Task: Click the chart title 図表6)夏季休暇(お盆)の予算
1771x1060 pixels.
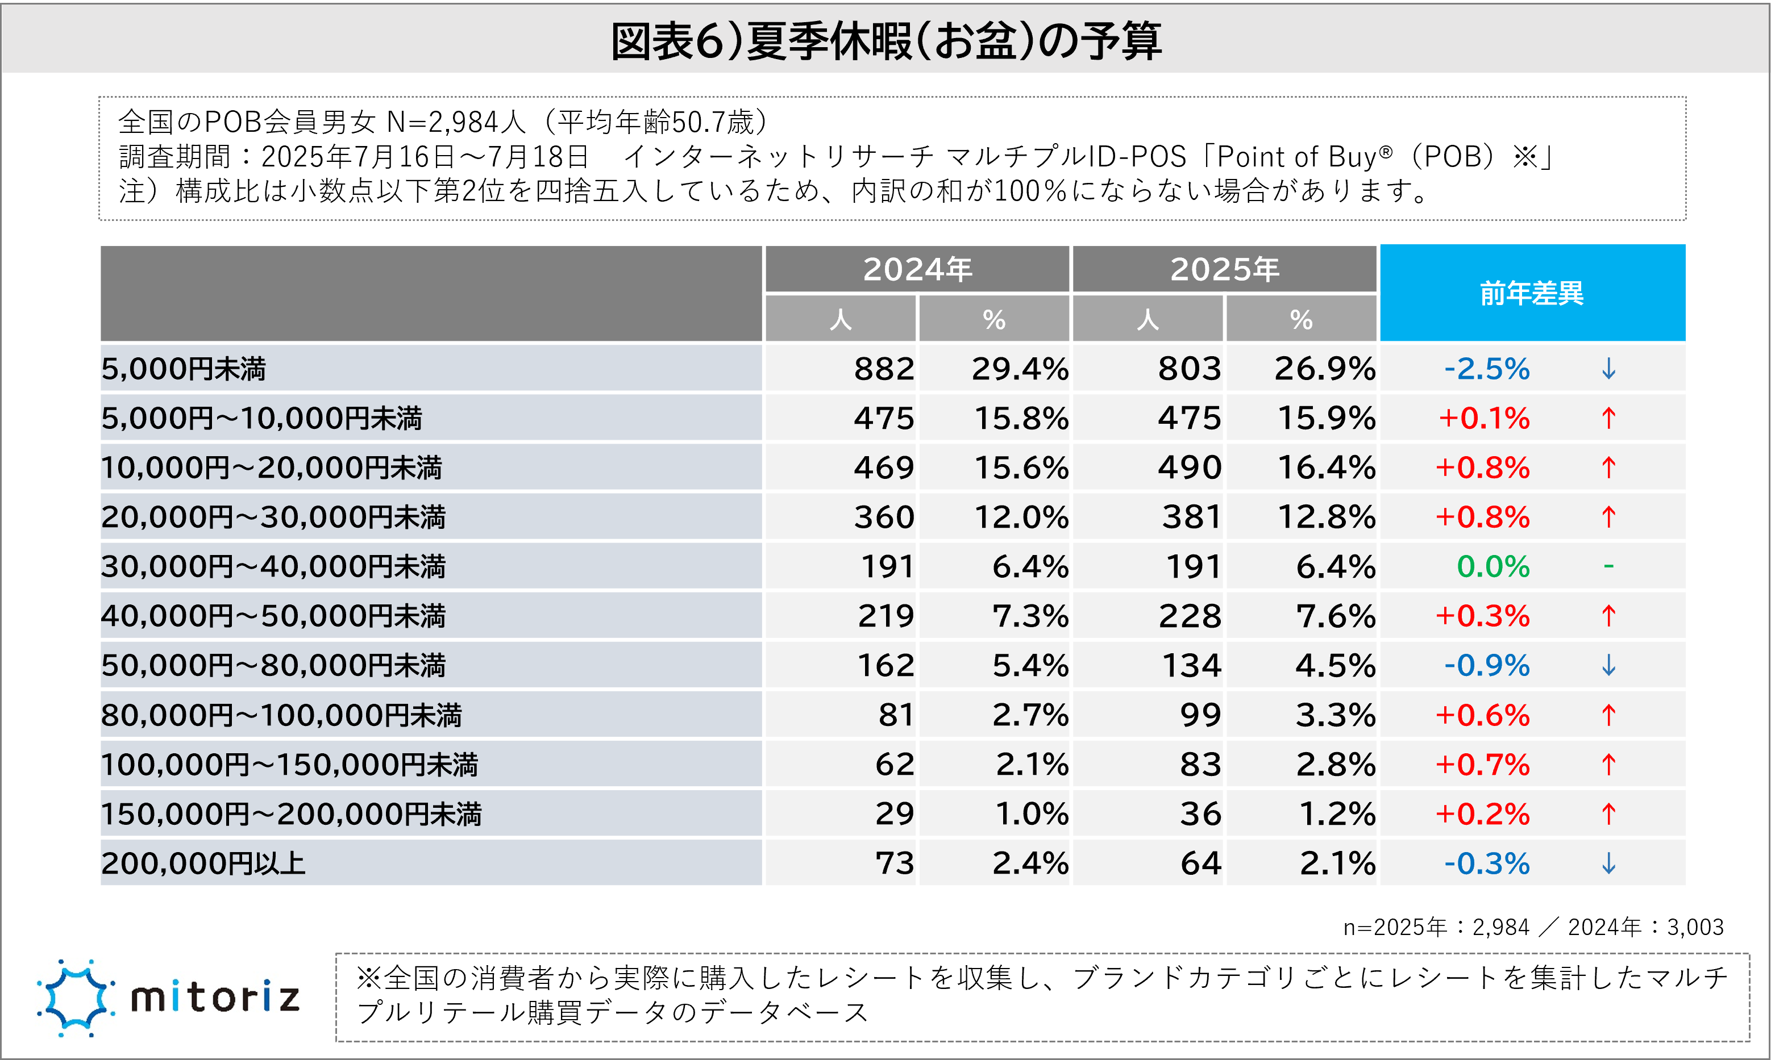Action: click(885, 41)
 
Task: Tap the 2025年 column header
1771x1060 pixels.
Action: click(1224, 269)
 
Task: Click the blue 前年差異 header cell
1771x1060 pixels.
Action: click(1532, 293)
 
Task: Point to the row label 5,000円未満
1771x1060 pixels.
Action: click(184, 369)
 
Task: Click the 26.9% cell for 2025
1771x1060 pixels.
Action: click(1324, 369)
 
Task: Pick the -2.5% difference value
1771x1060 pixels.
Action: click(1487, 369)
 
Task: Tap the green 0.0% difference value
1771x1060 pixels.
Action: click(1493, 567)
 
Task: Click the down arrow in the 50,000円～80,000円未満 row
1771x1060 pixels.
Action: click(1609, 666)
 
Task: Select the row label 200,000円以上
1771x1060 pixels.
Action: click(203, 863)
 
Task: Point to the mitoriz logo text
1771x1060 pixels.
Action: click(215, 998)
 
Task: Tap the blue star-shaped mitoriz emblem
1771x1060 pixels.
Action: click(75, 998)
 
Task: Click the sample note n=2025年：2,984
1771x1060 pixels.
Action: click(1437, 927)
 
